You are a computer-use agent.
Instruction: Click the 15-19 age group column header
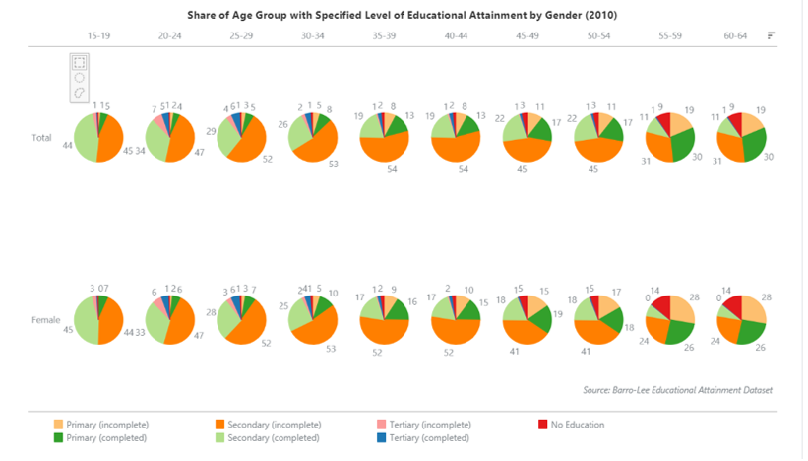click(x=98, y=35)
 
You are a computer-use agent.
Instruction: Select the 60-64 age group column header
click(x=735, y=35)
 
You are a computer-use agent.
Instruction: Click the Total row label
click(x=41, y=138)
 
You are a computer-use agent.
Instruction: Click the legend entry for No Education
click(x=579, y=425)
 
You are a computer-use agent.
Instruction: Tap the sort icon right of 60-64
click(x=771, y=35)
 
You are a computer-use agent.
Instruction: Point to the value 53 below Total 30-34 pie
click(x=333, y=165)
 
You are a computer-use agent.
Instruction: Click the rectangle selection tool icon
click(x=80, y=62)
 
